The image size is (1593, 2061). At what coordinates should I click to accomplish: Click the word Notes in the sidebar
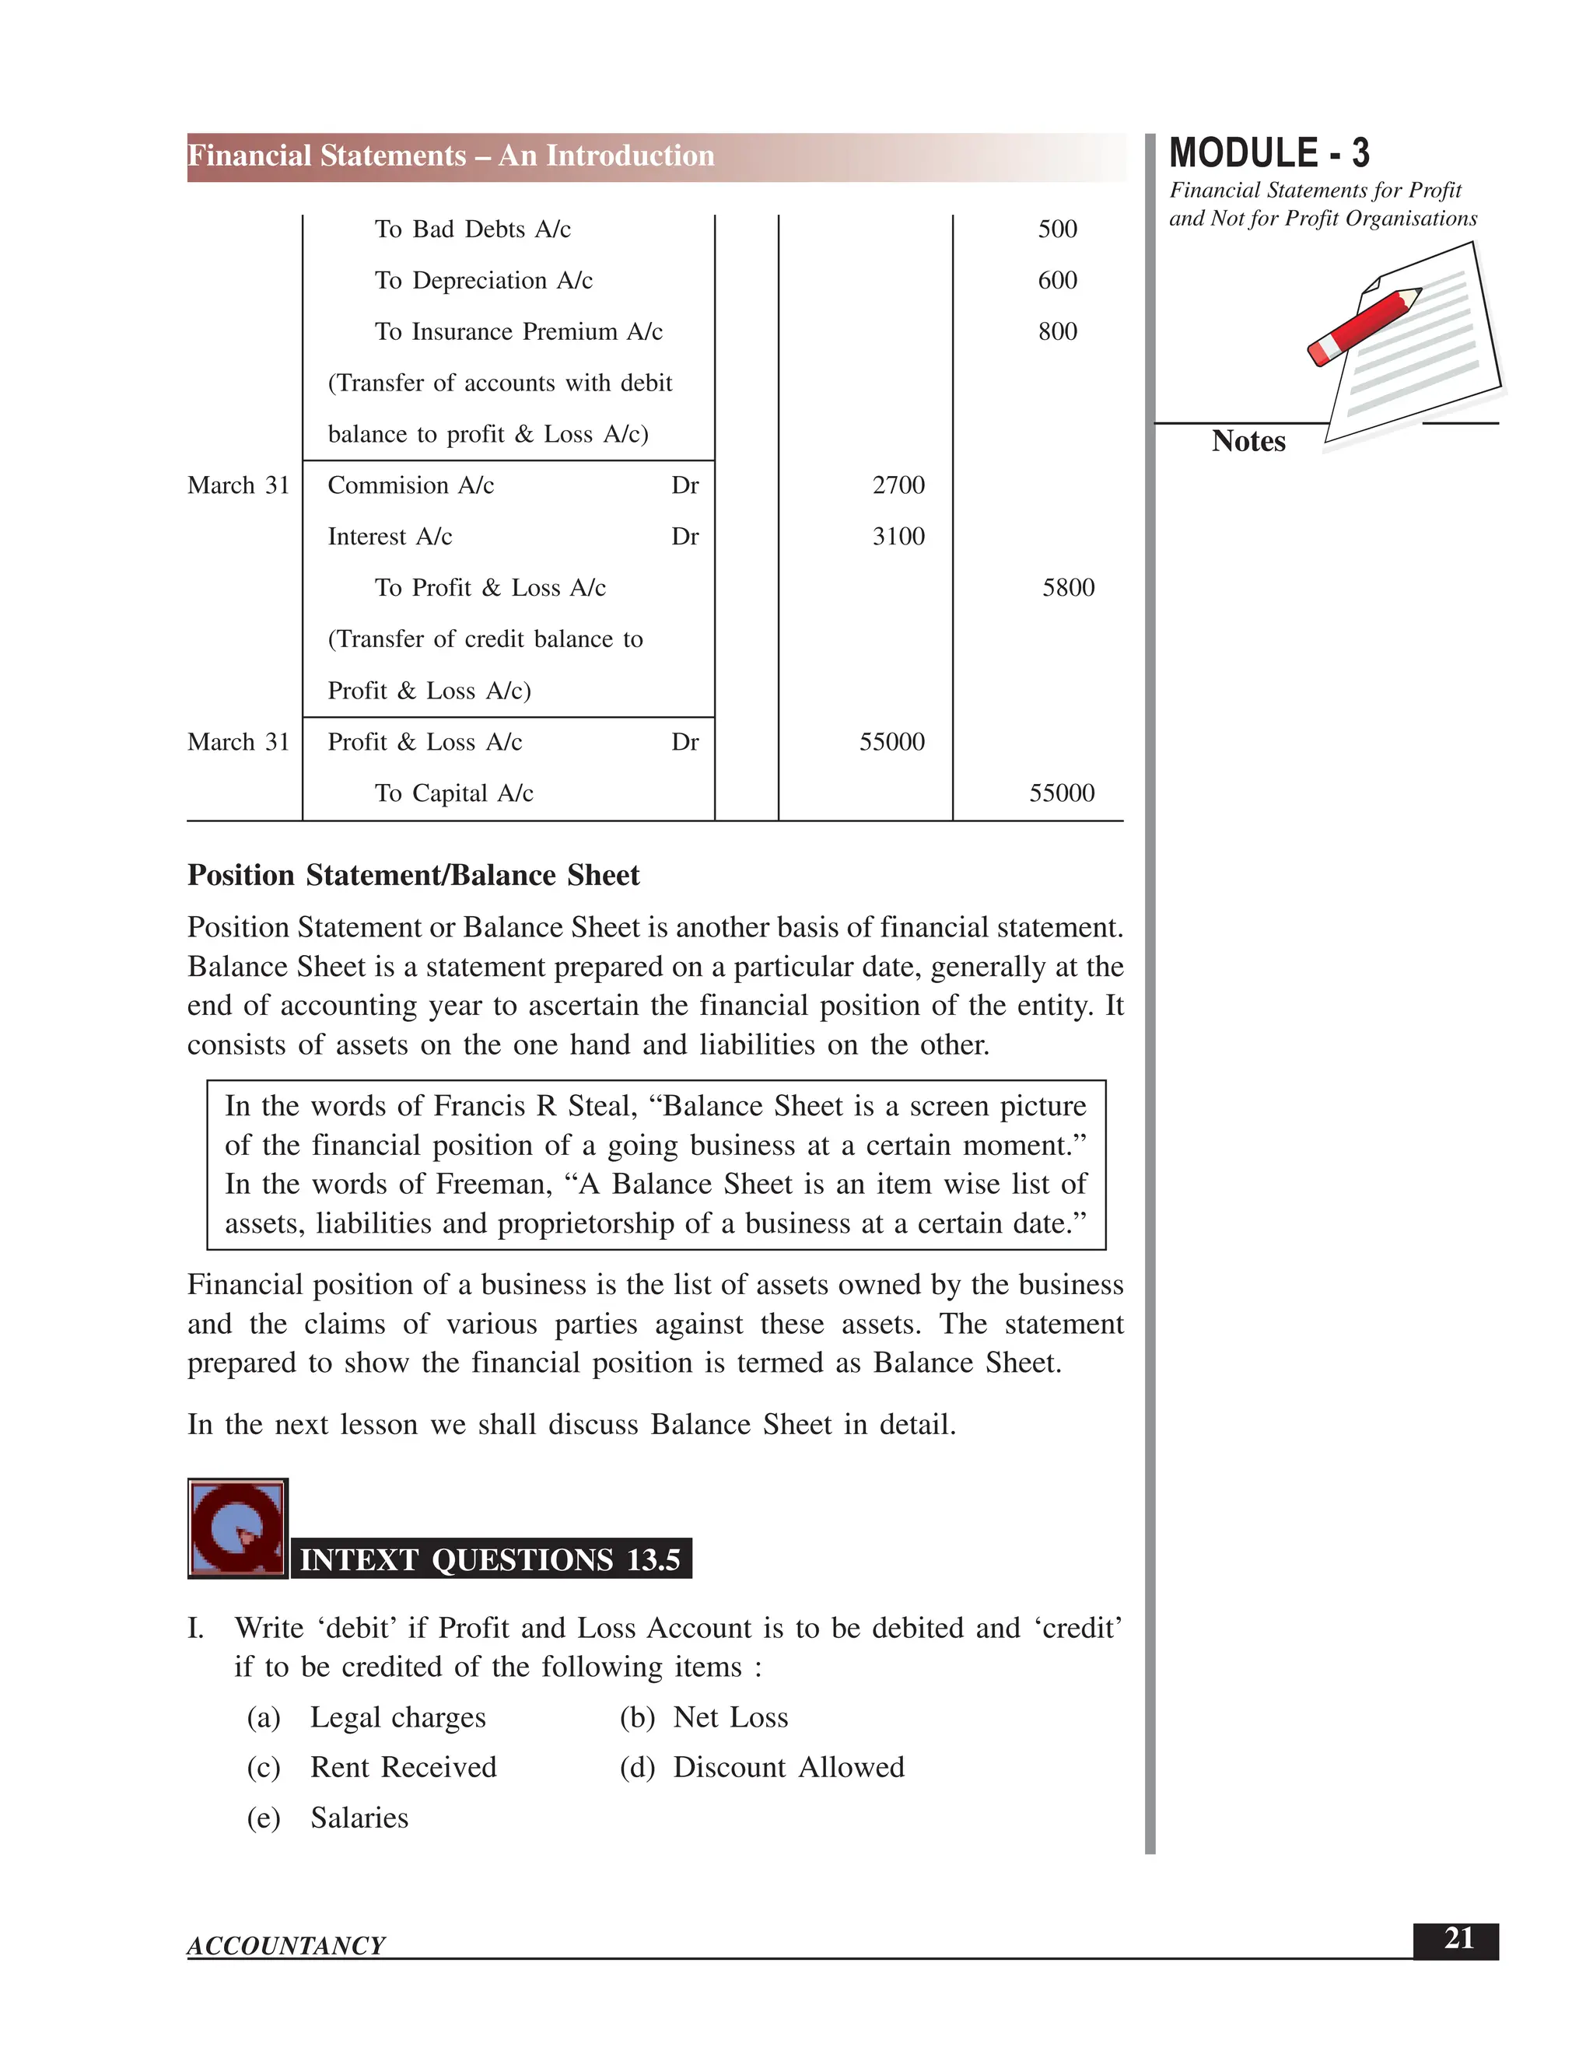pyautogui.click(x=1248, y=442)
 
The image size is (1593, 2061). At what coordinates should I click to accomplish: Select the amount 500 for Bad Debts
pyautogui.click(x=1057, y=229)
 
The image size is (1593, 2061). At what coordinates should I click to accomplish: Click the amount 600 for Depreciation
pyautogui.click(x=1057, y=280)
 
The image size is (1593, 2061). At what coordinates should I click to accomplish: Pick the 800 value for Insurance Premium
pyautogui.click(x=1057, y=331)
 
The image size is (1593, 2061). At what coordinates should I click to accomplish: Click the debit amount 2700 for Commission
pyautogui.click(x=898, y=485)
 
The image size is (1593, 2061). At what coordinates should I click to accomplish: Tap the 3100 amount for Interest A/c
pyautogui.click(x=898, y=536)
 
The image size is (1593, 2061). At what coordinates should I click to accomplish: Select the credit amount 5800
pyautogui.click(x=1067, y=588)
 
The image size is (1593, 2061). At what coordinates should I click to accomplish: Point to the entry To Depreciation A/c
pyautogui.click(x=483, y=280)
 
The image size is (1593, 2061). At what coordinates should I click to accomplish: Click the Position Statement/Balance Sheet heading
pyautogui.click(x=413, y=876)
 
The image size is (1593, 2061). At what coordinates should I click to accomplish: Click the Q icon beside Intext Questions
pyautogui.click(x=237, y=1527)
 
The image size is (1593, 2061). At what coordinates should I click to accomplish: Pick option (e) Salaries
pyautogui.click(x=359, y=1818)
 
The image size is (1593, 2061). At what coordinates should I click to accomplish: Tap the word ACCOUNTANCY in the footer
pyautogui.click(x=286, y=1946)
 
